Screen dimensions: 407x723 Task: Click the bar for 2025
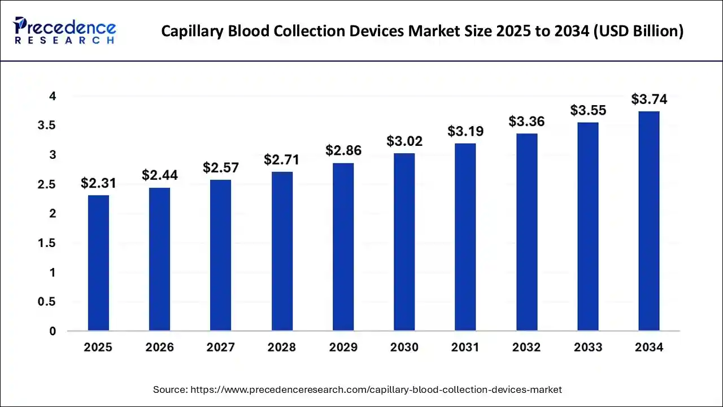tap(98, 263)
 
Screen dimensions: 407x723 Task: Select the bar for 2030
tap(404, 242)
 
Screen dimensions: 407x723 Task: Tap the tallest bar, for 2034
tap(649, 221)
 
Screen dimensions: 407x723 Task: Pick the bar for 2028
tap(282, 251)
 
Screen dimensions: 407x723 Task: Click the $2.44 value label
tap(160, 175)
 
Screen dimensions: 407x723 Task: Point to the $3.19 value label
tap(465, 131)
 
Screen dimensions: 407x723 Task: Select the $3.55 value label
tap(588, 110)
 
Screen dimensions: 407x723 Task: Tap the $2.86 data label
tap(343, 151)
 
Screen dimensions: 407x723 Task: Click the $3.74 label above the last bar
tap(649, 99)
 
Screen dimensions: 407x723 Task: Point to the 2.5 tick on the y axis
tap(47, 184)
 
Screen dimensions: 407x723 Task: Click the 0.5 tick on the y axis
tap(47, 302)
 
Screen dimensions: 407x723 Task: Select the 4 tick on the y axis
tap(53, 96)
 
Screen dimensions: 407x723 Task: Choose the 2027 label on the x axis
tap(221, 348)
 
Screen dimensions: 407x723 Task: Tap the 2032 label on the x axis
tap(526, 348)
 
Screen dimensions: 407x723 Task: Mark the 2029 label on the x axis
tap(343, 348)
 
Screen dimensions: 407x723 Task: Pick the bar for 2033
tap(588, 226)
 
